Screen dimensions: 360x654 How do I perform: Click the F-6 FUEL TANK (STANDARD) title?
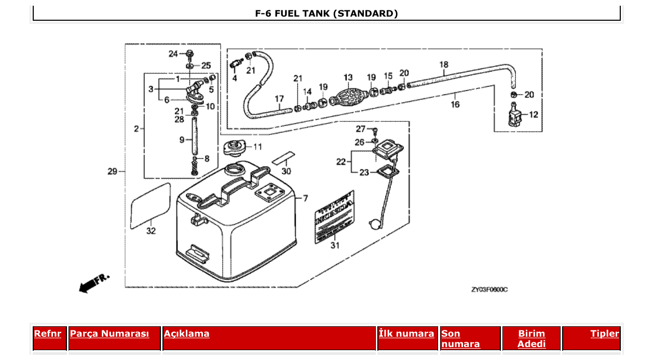[x=326, y=13]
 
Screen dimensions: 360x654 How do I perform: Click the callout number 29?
[x=112, y=171]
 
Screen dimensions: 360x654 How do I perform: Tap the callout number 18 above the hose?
[x=444, y=65]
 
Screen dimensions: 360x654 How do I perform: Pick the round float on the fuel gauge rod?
[x=374, y=224]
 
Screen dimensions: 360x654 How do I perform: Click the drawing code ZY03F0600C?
[x=489, y=289]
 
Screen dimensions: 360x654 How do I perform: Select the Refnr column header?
[x=47, y=334]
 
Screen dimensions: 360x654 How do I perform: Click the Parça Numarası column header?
[x=109, y=334]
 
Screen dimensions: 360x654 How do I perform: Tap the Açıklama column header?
[x=187, y=334]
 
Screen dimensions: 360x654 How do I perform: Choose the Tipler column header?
[x=604, y=334]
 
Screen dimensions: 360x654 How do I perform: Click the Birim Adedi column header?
[x=531, y=339]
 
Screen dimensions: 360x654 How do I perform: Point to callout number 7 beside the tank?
[x=305, y=198]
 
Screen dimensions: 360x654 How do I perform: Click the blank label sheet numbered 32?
[x=150, y=205]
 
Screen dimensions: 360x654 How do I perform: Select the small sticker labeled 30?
[x=283, y=156]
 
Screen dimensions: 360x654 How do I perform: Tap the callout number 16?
[x=455, y=104]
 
